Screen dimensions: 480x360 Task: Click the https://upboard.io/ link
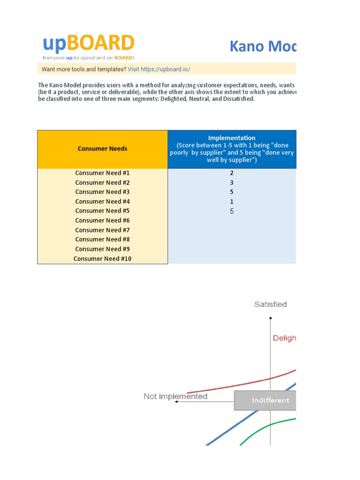point(165,69)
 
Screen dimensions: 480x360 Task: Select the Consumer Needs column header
point(102,149)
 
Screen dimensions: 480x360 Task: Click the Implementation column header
point(232,149)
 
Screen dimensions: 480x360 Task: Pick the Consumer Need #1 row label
point(102,173)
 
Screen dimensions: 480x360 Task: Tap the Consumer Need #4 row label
point(102,202)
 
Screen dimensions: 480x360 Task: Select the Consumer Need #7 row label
point(102,230)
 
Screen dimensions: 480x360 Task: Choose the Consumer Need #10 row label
point(102,259)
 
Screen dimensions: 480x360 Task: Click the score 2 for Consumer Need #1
point(232,173)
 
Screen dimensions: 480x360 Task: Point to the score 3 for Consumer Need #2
point(232,182)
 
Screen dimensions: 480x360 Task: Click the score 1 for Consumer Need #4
point(232,202)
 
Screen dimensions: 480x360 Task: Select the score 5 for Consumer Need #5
point(232,211)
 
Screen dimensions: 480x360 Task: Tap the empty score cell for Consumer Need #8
point(232,240)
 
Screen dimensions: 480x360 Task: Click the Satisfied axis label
point(270,304)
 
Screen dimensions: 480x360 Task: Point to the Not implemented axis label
point(175,397)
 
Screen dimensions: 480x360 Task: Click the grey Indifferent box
point(265,400)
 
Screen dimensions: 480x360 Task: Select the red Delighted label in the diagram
point(285,338)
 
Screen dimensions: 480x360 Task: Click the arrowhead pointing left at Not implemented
point(176,402)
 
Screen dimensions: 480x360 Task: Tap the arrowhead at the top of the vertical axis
point(270,319)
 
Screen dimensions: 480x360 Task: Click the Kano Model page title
point(262,46)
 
